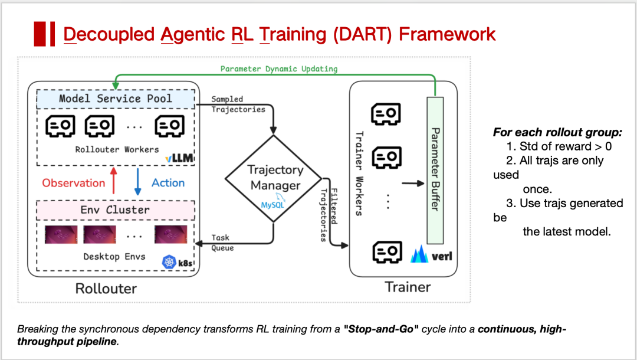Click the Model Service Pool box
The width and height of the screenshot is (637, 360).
116,99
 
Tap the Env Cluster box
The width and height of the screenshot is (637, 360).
116,210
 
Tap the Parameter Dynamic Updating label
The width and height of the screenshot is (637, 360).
279,69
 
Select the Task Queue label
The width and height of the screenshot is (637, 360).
223,243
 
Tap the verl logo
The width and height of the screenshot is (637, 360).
434,256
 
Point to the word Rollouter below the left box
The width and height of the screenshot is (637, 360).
106,289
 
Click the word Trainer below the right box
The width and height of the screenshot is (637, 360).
408,287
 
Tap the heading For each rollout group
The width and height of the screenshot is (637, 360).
557,133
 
